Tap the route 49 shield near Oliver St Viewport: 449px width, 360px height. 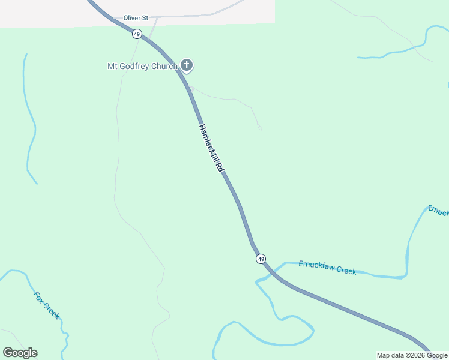tap(137, 34)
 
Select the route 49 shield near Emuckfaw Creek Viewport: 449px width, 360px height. tap(260, 259)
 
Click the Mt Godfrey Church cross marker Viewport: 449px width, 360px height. tap(187, 65)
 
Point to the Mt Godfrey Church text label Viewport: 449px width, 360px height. tap(142, 66)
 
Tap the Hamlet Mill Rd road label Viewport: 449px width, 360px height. tap(211, 148)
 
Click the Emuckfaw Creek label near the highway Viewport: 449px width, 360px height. tap(327, 267)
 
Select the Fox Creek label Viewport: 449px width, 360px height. tap(47, 305)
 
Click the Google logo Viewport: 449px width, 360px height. tap(20, 353)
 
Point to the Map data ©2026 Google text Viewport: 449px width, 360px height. tap(412, 355)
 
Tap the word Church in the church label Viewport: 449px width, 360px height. tap(164, 66)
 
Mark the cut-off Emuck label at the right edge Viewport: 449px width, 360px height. tap(438, 211)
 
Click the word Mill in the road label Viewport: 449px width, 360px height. tap(213, 155)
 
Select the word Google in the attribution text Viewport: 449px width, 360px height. tap(436, 355)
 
